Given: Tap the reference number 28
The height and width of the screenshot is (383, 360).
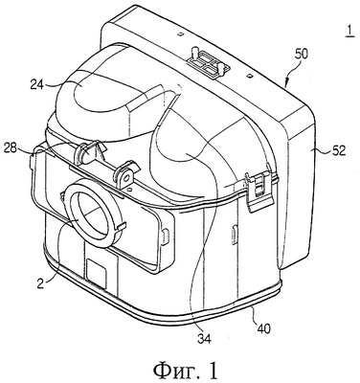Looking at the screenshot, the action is [x=10, y=147].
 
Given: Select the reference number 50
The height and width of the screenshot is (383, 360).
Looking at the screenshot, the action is [x=301, y=55].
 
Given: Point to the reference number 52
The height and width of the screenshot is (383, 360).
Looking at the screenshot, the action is [x=339, y=150].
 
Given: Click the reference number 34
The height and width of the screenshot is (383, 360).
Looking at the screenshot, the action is [x=204, y=339].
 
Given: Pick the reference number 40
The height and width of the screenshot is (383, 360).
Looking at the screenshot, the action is [x=263, y=328].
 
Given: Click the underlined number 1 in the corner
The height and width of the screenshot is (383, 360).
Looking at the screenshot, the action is [x=349, y=33].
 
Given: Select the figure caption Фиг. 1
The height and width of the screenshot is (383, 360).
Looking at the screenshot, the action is [x=186, y=371].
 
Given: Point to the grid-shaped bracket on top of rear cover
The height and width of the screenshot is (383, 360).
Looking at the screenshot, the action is [x=207, y=60].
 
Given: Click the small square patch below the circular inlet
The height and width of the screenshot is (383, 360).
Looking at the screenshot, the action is [x=97, y=270].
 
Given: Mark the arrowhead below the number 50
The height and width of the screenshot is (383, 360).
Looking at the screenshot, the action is [x=286, y=83].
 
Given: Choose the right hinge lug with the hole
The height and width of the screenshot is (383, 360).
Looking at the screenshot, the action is [x=126, y=175].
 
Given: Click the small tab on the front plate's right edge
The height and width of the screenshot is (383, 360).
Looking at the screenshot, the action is [x=166, y=236].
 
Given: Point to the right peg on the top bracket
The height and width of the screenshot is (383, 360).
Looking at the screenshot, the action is [x=221, y=68].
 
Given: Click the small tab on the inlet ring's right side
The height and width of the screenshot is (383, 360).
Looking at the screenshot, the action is [x=119, y=226].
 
